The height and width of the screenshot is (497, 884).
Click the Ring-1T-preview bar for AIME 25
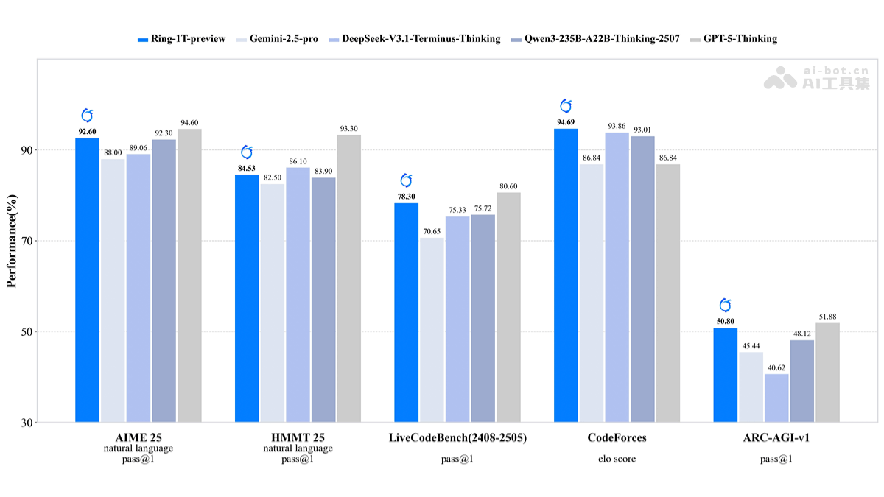87,280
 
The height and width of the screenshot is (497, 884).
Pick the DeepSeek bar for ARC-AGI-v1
776,398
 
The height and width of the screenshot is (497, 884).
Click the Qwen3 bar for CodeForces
642,279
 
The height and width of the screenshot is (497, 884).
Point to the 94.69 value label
566,122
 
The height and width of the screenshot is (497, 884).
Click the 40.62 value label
776,367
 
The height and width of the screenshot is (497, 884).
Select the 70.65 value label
432,231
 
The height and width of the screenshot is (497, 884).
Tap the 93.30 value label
349,129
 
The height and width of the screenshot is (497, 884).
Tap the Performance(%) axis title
12,241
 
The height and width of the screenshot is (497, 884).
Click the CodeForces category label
617,437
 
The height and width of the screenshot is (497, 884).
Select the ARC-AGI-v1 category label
776,437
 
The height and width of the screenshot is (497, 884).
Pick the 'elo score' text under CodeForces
617,459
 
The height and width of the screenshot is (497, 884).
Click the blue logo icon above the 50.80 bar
725,305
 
